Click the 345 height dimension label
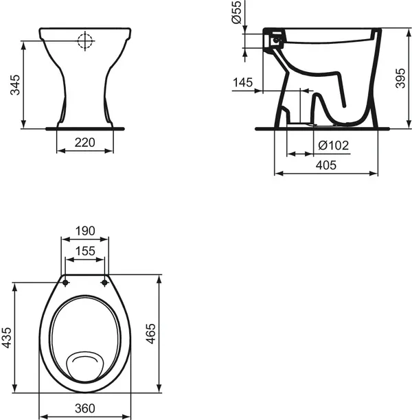tap(14, 83)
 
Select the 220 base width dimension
tap(84, 143)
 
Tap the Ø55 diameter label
tap(237, 14)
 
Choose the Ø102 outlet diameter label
tap(334, 145)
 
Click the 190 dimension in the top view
tap(85, 231)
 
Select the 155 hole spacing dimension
tap(85, 251)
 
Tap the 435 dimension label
tap(8, 338)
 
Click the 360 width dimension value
tap(85, 408)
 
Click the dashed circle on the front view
tap(85, 41)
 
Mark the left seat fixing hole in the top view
tap(66, 281)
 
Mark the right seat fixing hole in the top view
tap(104, 281)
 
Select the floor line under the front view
tap(85, 128)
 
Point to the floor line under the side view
tap(323, 128)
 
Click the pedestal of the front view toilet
tap(85, 96)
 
